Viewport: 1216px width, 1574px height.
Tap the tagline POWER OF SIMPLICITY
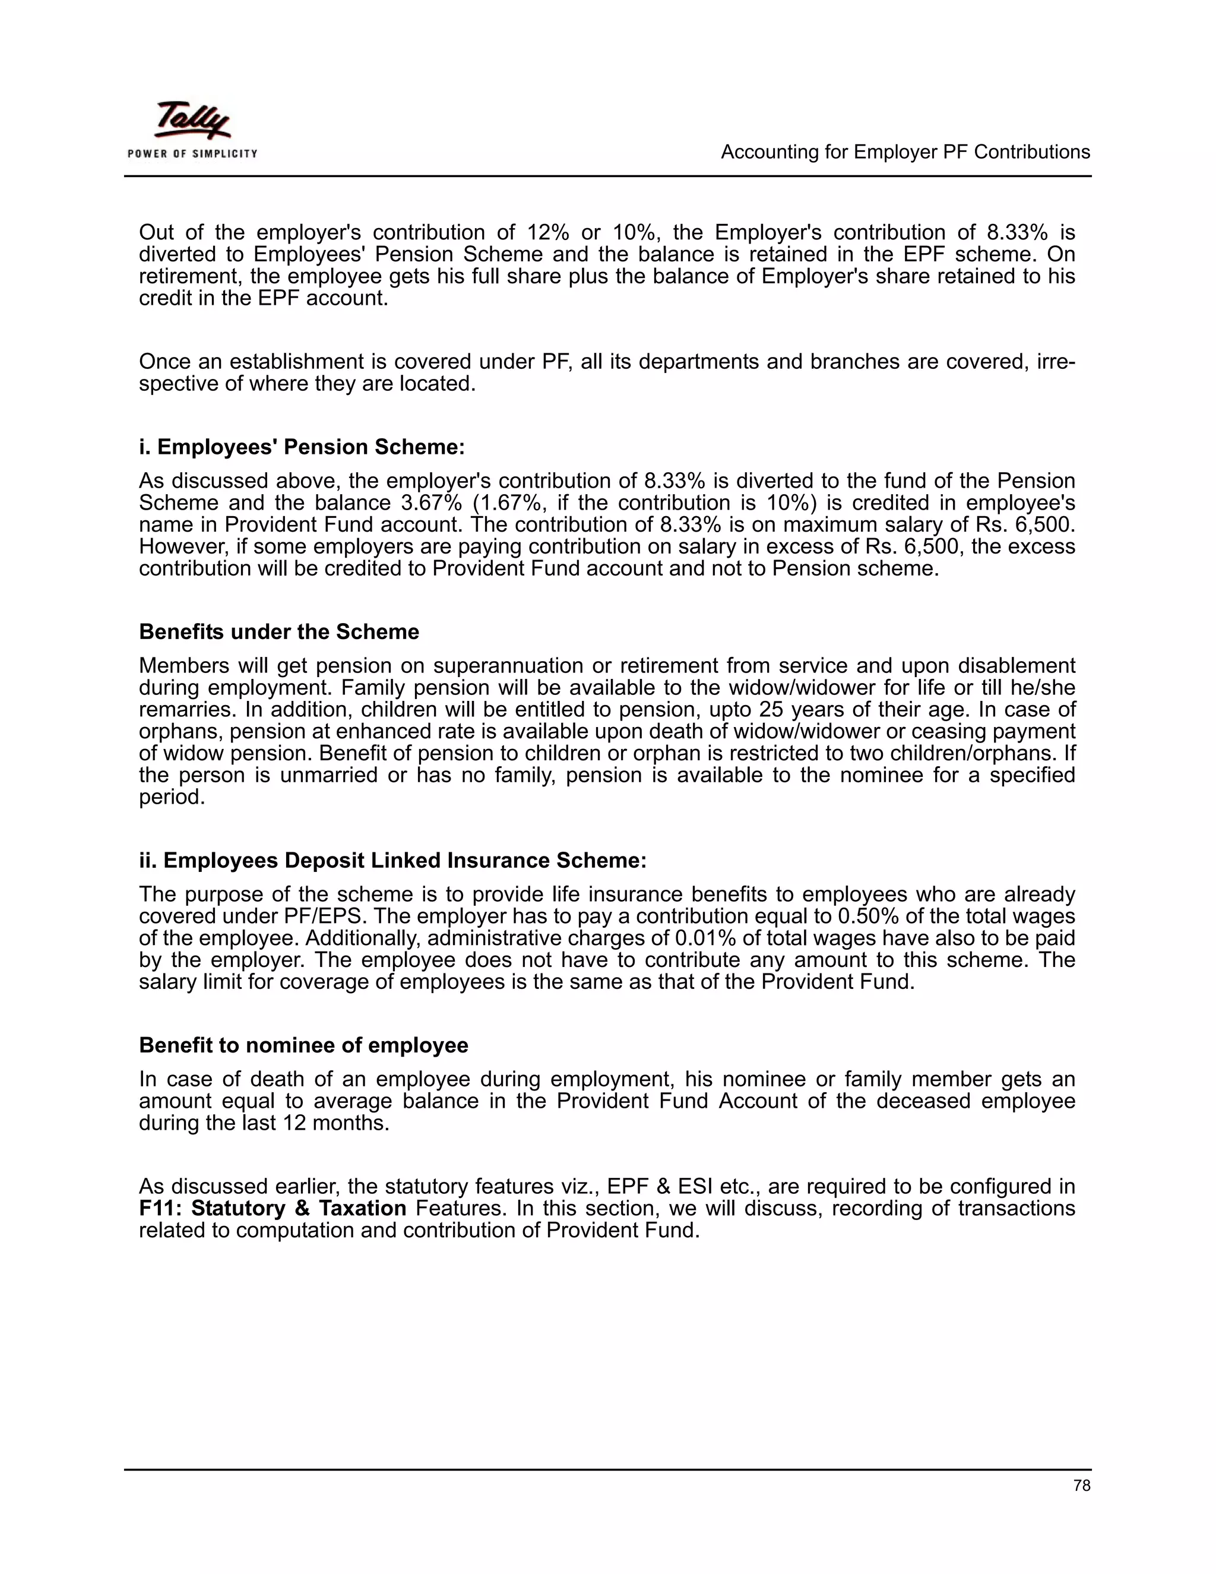pos(192,153)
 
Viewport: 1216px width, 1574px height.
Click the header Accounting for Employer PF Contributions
pos(905,152)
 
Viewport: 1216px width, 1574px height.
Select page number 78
pos(1081,1485)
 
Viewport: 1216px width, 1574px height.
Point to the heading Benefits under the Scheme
pos(279,631)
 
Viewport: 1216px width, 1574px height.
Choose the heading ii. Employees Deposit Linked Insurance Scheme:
pos(392,861)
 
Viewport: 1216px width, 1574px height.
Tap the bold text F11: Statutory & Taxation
pos(273,1208)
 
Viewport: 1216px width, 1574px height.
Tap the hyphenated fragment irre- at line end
pos(1056,361)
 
